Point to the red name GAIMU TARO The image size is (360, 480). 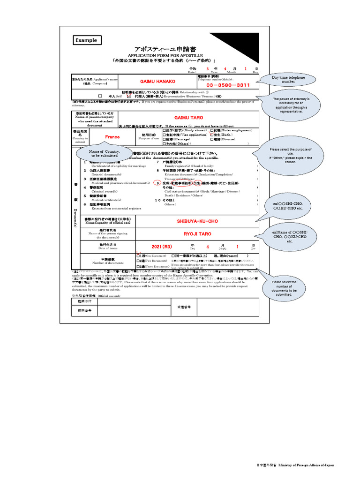(188, 117)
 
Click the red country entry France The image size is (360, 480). (112, 137)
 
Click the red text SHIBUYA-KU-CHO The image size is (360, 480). (197, 221)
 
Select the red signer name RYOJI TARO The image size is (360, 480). (197, 233)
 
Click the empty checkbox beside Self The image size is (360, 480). (100, 96)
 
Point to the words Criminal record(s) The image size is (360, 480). (105, 191)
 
